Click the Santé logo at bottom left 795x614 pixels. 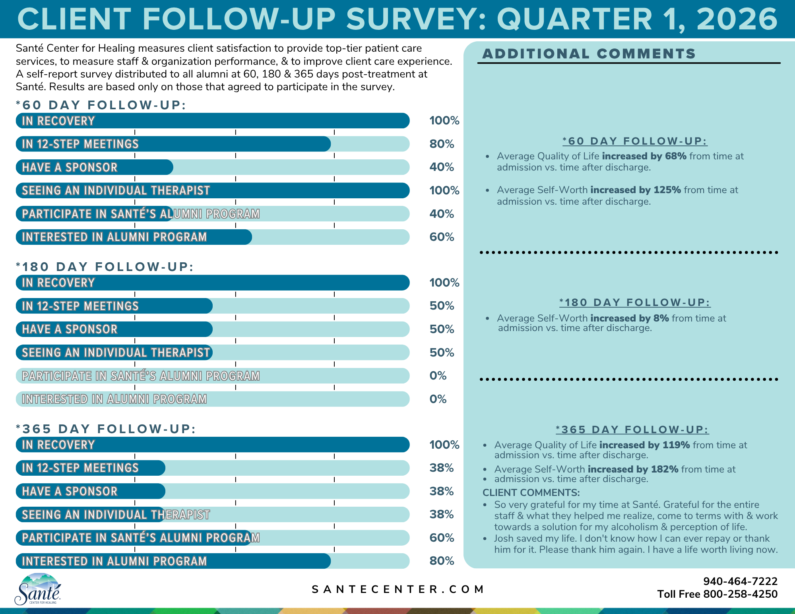click(38, 589)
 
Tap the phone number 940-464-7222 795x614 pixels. click(740, 581)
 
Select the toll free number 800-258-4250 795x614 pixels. click(740, 594)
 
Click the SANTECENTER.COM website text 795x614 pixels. click(397, 589)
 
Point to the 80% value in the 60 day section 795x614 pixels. click(442, 144)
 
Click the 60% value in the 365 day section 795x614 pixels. click(442, 538)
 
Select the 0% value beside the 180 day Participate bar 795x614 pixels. click(438, 376)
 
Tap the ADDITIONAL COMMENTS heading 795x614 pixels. click(589, 54)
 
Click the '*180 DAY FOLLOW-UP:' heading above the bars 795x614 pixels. click(105, 267)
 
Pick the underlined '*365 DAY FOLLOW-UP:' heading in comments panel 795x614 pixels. click(632, 430)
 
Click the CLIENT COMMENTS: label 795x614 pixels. click(531, 493)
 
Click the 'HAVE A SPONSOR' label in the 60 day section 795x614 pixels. click(70, 167)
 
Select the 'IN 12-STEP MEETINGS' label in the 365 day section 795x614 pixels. click(80, 468)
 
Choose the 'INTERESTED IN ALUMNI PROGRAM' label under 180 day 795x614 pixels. click(114, 399)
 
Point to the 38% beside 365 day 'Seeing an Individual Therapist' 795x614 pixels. click(442, 514)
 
